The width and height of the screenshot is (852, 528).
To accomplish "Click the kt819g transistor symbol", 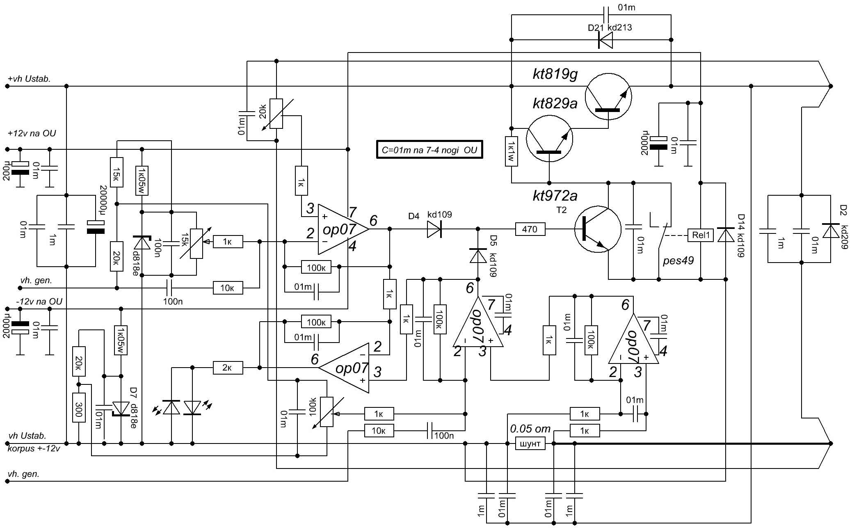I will pyautogui.click(x=608, y=97).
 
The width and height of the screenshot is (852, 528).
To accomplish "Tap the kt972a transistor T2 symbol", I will pyautogui.click(x=597, y=229).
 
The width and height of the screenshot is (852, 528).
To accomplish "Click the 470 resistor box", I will pyautogui.click(x=530, y=229).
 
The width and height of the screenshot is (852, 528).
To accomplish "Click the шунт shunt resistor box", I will pyautogui.click(x=530, y=443).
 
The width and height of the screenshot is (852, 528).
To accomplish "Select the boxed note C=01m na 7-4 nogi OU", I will pyautogui.click(x=429, y=150).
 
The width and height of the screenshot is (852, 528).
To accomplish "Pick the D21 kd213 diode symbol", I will pyautogui.click(x=605, y=40).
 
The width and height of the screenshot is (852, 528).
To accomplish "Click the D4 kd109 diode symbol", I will pyautogui.click(x=434, y=229).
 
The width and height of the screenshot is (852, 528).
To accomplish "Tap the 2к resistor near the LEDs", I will pyautogui.click(x=228, y=368).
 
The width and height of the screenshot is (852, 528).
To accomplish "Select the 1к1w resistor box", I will pyautogui.click(x=511, y=151).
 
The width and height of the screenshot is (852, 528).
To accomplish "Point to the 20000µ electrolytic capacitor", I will pyautogui.click(x=96, y=227).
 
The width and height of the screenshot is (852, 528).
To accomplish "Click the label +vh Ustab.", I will pyautogui.click(x=29, y=78).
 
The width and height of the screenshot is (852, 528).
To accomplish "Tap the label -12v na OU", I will pyautogui.click(x=39, y=302).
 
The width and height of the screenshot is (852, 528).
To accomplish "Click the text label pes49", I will pyautogui.click(x=678, y=261).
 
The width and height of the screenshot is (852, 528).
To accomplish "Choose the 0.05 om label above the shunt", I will pyautogui.click(x=530, y=429).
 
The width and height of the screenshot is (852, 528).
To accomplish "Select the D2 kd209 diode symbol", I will pyautogui.click(x=831, y=231).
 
